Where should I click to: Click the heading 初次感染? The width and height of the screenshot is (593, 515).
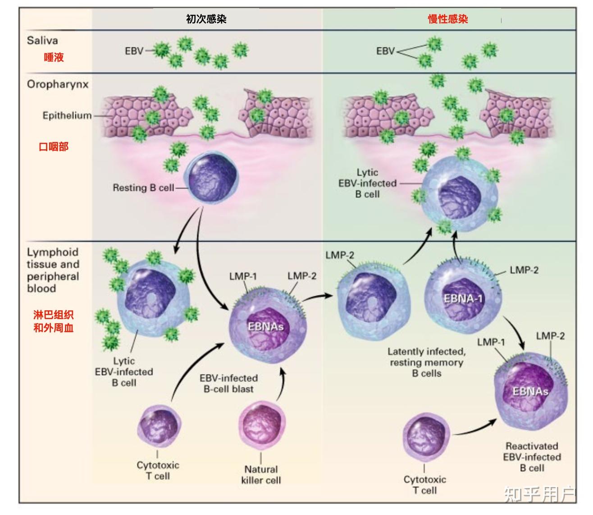[206, 19]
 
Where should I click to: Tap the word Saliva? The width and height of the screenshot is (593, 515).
[42, 41]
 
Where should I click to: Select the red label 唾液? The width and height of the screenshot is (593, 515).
[54, 57]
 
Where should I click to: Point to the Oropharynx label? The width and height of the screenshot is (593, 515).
[58, 84]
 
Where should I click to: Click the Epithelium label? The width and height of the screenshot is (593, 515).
[67, 116]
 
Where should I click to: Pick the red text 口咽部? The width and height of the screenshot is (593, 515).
[54, 147]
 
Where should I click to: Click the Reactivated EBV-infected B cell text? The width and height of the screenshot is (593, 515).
[532, 457]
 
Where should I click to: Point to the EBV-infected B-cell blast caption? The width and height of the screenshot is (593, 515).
[228, 383]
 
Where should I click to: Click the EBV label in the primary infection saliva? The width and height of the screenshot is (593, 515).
[134, 51]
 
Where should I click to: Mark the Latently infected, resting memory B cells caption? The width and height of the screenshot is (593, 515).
[426, 362]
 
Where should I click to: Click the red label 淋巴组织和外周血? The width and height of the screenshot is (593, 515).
[53, 321]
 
